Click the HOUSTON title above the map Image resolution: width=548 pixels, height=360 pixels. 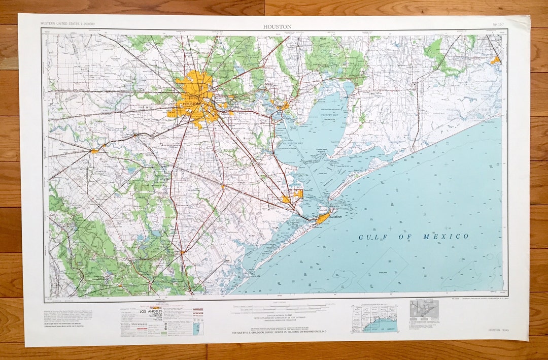coord(277,26)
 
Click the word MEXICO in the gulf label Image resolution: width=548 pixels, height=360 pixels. coord(448,237)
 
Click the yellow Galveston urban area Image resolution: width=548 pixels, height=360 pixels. coord(323,218)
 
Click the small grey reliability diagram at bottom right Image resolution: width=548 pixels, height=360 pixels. coord(424,308)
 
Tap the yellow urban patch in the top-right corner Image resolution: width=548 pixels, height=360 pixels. coord(495,60)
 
